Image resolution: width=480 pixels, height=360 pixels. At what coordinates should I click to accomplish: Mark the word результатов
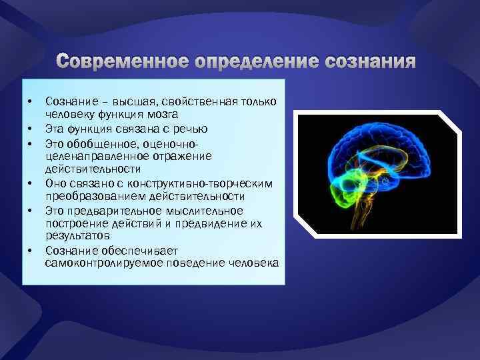pos(77,236)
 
